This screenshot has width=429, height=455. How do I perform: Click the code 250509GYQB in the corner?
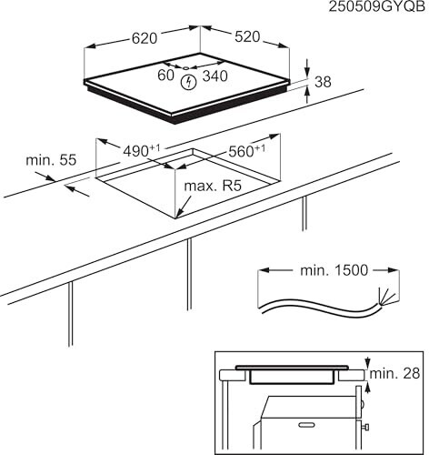pyautogui.click(x=377, y=6)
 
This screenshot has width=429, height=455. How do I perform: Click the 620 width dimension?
pyautogui.click(x=145, y=38)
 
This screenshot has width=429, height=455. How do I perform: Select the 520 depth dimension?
pyautogui.click(x=247, y=36)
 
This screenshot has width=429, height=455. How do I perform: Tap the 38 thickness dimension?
pyautogui.click(x=323, y=82)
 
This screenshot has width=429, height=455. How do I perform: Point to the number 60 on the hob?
pyautogui.click(x=165, y=76)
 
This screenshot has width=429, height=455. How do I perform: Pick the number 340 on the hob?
pyautogui.click(x=214, y=76)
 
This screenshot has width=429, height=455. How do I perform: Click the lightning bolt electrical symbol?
pyautogui.click(x=189, y=82)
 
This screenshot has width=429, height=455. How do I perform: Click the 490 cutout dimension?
pyautogui.click(x=142, y=150)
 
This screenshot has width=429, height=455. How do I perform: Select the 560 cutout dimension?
pyautogui.click(x=246, y=151)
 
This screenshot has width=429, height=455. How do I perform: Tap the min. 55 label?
pyautogui.click(x=51, y=160)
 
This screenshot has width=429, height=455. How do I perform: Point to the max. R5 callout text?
pyautogui.click(x=213, y=186)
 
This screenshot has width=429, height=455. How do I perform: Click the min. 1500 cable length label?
pyautogui.click(x=334, y=270)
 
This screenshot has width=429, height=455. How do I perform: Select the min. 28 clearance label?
pyautogui.click(x=394, y=373)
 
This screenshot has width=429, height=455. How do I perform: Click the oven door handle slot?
pyautogui.click(x=307, y=425)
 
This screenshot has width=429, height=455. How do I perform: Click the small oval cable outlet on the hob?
pyautogui.click(x=186, y=67)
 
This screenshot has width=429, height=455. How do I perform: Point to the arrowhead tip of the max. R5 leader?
pyautogui.click(x=177, y=217)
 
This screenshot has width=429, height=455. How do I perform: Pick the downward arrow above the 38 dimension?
pyautogui.click(x=307, y=68)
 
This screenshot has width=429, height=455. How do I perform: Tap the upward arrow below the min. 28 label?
pyautogui.click(x=368, y=388)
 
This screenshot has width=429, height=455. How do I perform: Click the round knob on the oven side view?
pyautogui.click(x=363, y=404)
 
